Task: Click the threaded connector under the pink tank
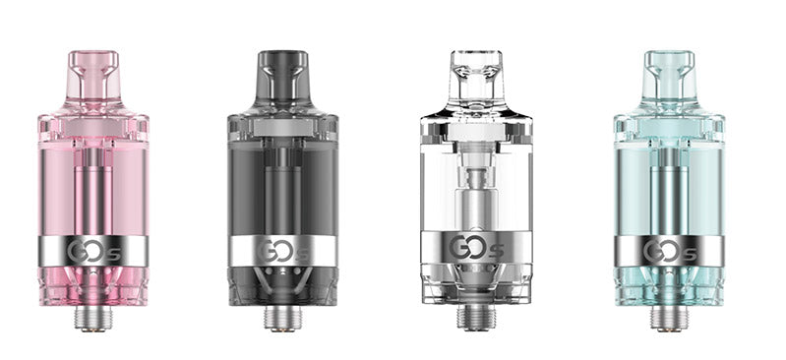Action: click(93, 317)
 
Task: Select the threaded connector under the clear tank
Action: click(476, 317)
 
